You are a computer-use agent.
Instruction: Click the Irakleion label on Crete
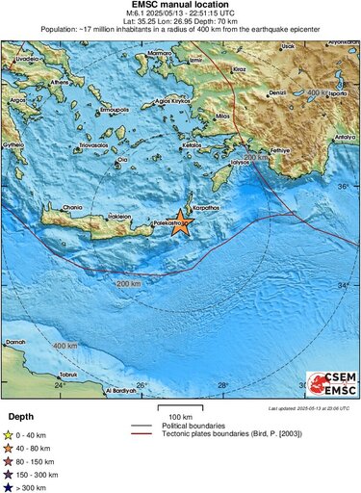(119, 217)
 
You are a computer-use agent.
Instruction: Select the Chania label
(73, 206)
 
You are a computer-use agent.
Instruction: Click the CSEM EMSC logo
(329, 385)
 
